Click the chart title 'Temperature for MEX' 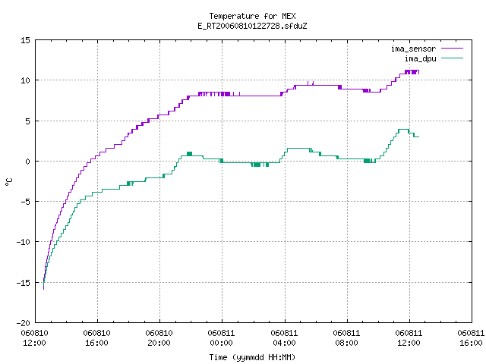[252, 16]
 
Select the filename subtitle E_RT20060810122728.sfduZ [252, 26]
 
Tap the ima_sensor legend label [413, 49]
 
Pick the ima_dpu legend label [420, 58]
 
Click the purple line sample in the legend [453, 49]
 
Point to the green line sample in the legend [453, 58]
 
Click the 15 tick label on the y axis [26, 40]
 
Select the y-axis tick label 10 [26, 80]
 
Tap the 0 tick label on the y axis [28, 162]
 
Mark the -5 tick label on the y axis [24, 202]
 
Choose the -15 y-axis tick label [24, 283]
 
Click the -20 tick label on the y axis [24, 323]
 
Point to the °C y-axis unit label [8, 182]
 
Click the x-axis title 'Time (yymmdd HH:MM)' [252, 357]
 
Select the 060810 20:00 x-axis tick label [159, 338]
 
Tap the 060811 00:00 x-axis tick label [221, 338]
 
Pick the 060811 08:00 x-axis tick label [346, 338]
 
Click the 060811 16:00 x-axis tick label [471, 338]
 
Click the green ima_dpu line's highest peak [403, 130]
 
